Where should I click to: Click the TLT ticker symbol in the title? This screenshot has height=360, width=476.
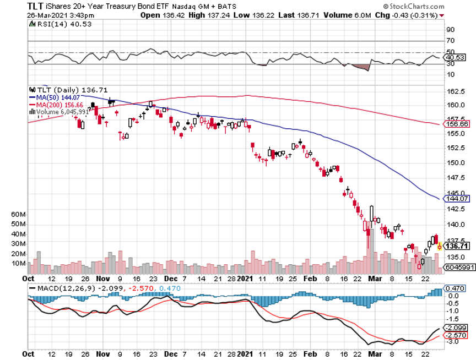pos(36,7)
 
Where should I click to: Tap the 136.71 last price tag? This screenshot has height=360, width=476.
pos(457,246)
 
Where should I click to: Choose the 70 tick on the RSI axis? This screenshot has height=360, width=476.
pos(451,41)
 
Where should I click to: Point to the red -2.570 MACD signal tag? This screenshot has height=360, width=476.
pos(456,335)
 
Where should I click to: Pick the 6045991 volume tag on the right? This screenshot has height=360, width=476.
pos(458,268)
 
